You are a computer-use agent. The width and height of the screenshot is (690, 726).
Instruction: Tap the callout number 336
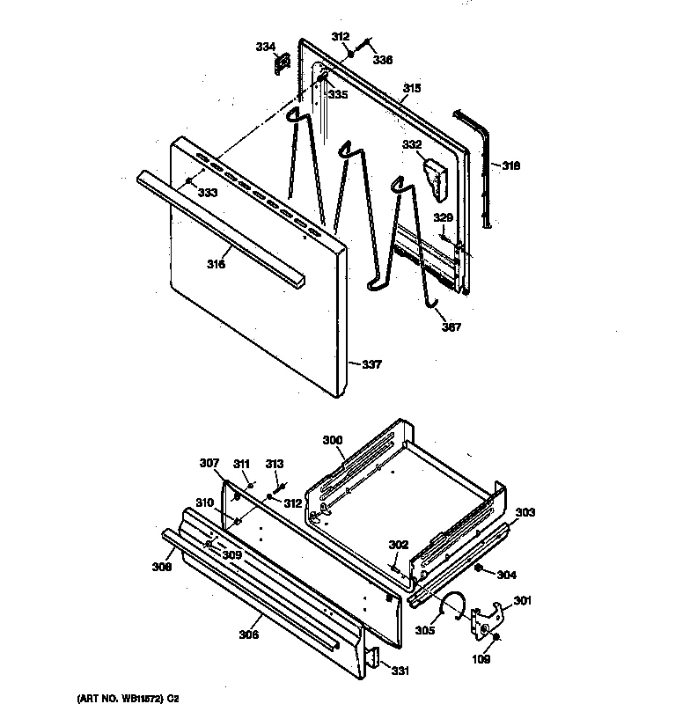coord(382,60)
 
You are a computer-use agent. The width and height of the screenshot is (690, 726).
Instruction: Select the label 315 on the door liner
coord(412,88)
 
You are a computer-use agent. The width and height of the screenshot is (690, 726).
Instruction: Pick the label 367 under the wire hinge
coord(451,327)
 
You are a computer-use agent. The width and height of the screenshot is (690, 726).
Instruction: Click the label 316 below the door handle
coord(217,263)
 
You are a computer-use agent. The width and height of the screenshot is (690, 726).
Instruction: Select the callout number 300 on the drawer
coord(332,439)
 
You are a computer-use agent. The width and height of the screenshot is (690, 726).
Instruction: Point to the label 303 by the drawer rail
coord(525,512)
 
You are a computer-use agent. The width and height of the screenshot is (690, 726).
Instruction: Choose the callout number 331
coord(400,671)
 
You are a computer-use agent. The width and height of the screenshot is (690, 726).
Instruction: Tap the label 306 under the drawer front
coord(249,634)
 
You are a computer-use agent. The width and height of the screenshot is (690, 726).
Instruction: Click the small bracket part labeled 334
coord(283,64)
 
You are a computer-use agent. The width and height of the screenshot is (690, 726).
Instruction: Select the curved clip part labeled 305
coord(456,604)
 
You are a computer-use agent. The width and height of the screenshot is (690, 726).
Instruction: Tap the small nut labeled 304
coord(478,569)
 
